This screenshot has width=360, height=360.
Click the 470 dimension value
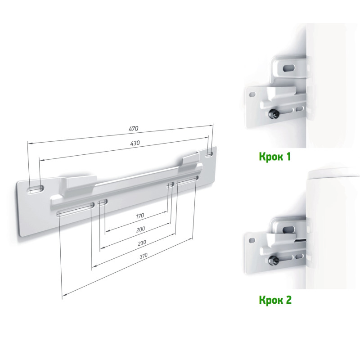pos(133,128)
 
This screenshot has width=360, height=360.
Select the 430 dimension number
pos(135,143)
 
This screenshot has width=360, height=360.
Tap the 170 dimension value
pos(139,216)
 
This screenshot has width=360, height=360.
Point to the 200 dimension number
pos(140,229)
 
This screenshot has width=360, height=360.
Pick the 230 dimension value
pos(142,243)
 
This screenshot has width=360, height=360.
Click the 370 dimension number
pos(143,256)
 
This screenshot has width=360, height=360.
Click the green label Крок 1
pos(275,157)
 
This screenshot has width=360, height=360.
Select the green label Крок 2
pos(275,300)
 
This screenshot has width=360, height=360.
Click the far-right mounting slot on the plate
pos(209,154)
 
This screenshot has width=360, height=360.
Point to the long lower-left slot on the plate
pos(75,209)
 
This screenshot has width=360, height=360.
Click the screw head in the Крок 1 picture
pos(274,114)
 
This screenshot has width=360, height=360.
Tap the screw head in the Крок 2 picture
pos(274,260)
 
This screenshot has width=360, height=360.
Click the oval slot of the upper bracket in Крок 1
pos(289,68)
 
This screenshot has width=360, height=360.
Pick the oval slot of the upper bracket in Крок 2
pos(289,229)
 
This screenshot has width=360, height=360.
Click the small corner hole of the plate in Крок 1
pos(252,94)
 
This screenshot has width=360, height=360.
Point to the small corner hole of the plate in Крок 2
pos(252,240)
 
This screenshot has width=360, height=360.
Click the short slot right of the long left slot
pos(103,202)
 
